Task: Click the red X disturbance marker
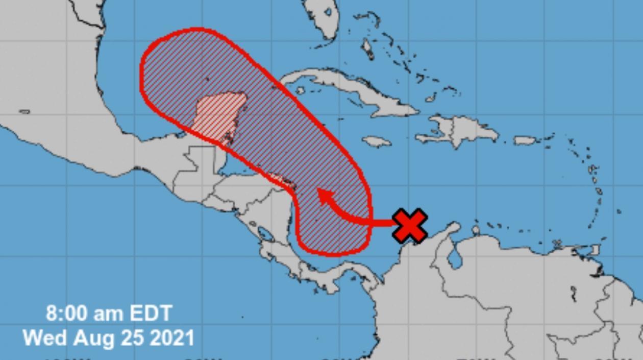click(410, 225)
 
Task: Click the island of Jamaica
click(377, 141)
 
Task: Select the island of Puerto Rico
click(525, 140)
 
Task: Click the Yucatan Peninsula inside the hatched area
click(219, 115)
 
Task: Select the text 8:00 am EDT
click(109, 313)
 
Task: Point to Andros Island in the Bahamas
click(367, 49)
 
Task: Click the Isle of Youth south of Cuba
click(301, 91)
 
